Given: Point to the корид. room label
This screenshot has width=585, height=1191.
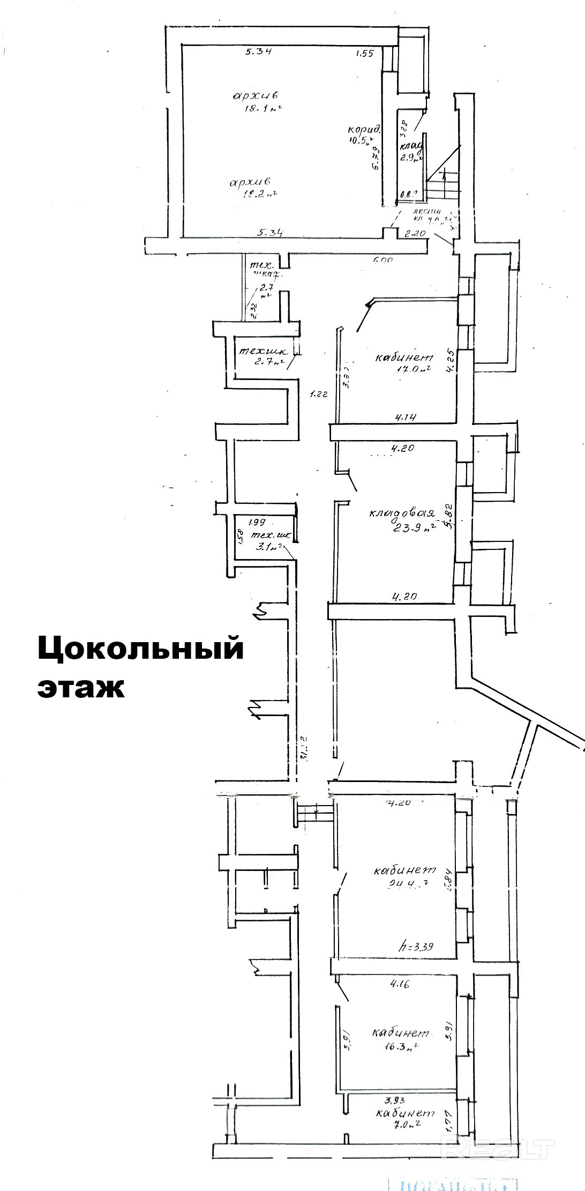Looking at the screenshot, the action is click(x=364, y=129).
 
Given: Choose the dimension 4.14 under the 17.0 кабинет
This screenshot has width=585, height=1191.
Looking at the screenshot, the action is click(x=406, y=416).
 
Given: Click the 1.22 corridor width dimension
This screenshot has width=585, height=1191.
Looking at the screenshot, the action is click(x=319, y=394).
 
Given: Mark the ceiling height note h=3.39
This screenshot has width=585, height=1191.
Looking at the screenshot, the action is click(x=416, y=947).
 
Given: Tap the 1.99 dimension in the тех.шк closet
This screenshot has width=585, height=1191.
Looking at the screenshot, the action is click(x=257, y=521).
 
